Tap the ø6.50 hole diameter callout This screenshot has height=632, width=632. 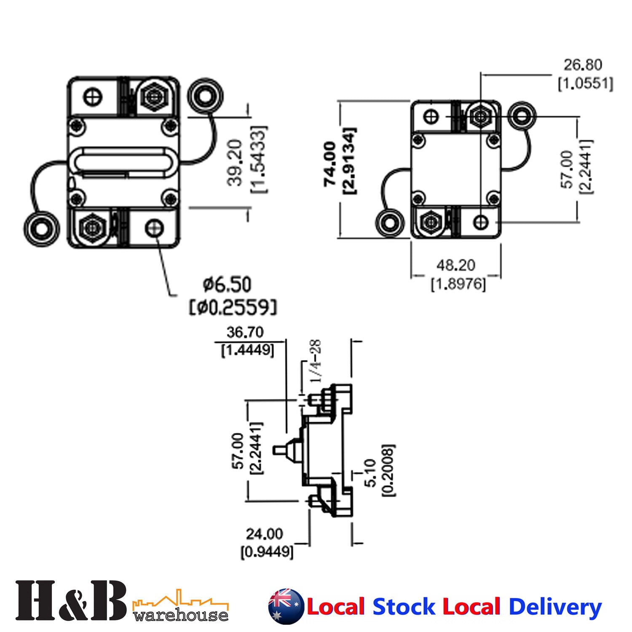click(x=227, y=285)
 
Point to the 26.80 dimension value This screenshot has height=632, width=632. click(x=583, y=65)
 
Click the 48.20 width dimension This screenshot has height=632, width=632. click(x=455, y=265)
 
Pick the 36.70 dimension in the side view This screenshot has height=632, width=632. click(x=245, y=332)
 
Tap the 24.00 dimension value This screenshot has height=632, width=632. click(x=264, y=534)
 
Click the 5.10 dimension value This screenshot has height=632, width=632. click(x=371, y=473)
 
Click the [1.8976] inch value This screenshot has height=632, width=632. click(x=458, y=284)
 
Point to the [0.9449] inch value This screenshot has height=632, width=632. click(x=267, y=552)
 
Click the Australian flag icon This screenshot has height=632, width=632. click(x=286, y=606)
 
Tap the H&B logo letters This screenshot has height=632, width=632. click(x=71, y=600)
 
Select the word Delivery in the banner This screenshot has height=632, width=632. click(x=555, y=607)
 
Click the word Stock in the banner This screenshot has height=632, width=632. click(x=404, y=607)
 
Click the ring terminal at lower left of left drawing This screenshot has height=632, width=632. click(x=41, y=228)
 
